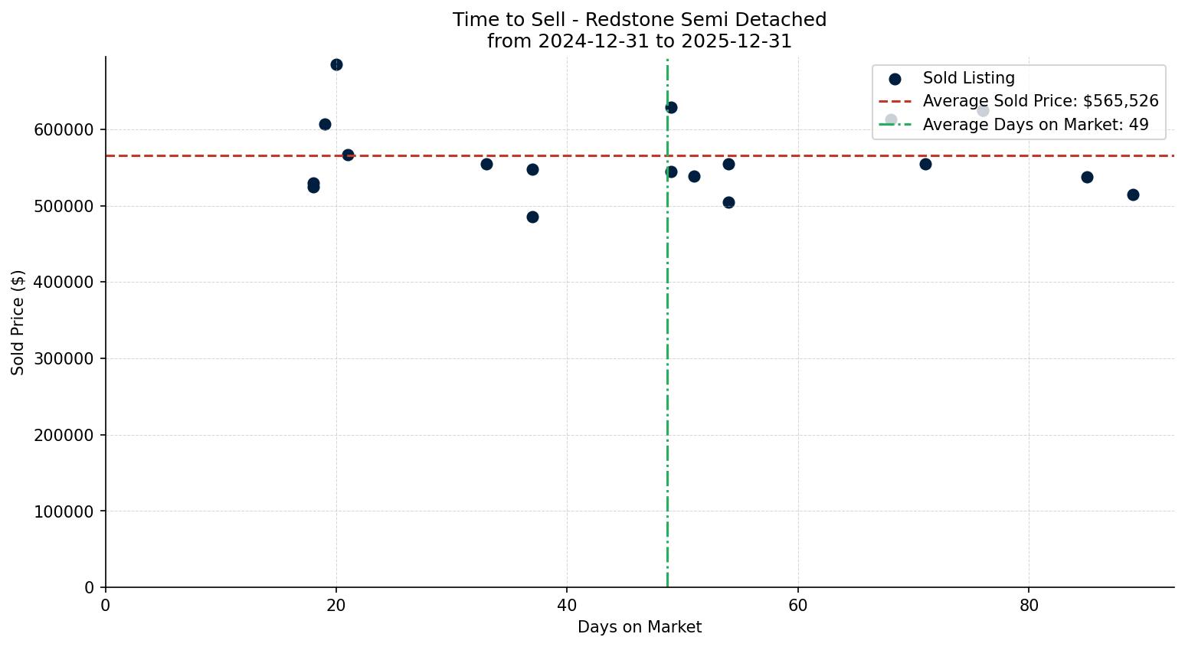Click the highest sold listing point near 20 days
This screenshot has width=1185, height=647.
(336, 64)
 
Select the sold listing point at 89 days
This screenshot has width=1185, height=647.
(1133, 194)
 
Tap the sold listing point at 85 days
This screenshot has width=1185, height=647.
(1087, 177)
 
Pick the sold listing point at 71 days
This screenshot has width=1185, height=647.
(925, 164)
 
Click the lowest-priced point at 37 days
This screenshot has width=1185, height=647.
(532, 217)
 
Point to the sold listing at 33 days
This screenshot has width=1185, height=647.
(486, 164)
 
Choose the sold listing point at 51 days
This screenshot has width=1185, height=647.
(694, 176)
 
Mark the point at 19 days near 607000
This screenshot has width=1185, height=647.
(325, 124)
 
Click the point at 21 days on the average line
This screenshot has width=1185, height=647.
(348, 155)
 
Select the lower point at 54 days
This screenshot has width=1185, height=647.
(728, 202)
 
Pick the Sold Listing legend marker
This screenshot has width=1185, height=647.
(895, 78)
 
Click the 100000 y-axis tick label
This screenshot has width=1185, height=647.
(64, 511)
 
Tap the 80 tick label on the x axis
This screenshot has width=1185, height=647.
(1029, 605)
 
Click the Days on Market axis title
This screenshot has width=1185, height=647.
(640, 627)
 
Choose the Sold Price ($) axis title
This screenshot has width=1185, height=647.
(18, 322)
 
